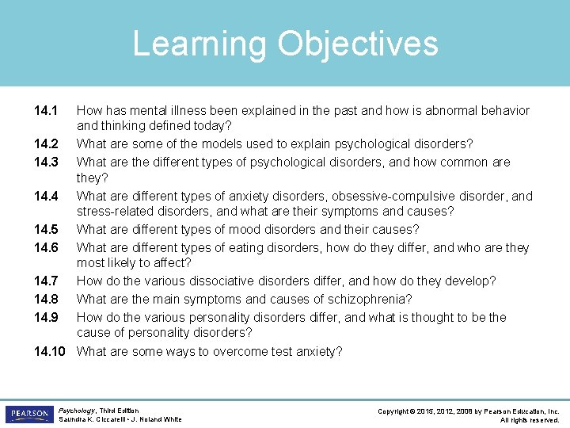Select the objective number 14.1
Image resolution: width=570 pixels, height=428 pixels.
click(46, 111)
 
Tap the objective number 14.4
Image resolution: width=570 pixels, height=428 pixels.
click(46, 197)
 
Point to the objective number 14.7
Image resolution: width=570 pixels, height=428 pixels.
click(46, 281)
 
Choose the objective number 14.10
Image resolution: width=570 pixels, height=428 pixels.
click(50, 351)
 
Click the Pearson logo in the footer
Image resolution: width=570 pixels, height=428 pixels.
click(29, 414)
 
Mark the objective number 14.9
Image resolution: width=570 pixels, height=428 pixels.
click(46, 318)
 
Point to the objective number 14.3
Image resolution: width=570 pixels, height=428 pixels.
click(46, 162)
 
